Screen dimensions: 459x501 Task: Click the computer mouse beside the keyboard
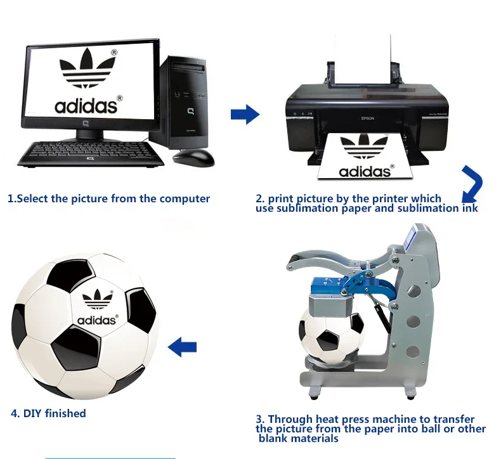click(193, 158)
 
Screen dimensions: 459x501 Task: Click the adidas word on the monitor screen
click(86, 105)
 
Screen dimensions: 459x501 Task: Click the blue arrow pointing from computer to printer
click(245, 115)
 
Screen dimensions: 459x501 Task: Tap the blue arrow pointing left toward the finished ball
click(183, 347)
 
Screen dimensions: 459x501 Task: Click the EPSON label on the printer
click(368, 118)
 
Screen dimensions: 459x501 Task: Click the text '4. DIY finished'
click(48, 413)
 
